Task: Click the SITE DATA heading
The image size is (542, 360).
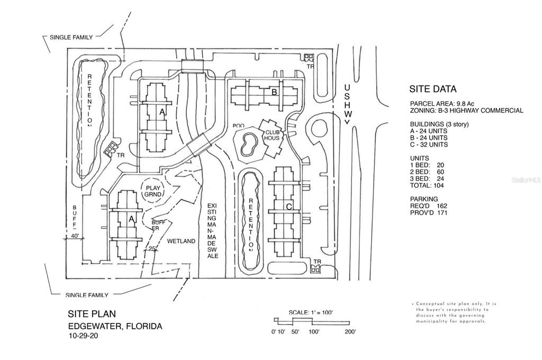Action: coord(433,89)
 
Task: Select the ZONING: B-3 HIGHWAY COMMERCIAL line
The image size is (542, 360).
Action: coord(466,111)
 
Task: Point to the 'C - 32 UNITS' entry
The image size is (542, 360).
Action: coord(429,145)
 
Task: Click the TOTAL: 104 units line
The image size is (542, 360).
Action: coord(427,186)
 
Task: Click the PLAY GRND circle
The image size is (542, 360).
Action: coord(153,190)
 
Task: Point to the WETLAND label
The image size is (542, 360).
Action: coord(178,241)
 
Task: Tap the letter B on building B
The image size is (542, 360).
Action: coord(274,92)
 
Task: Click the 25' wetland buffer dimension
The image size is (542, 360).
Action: coord(152,248)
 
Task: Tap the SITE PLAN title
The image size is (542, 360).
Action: coord(92,314)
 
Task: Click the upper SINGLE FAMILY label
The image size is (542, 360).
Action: coord(71,38)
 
